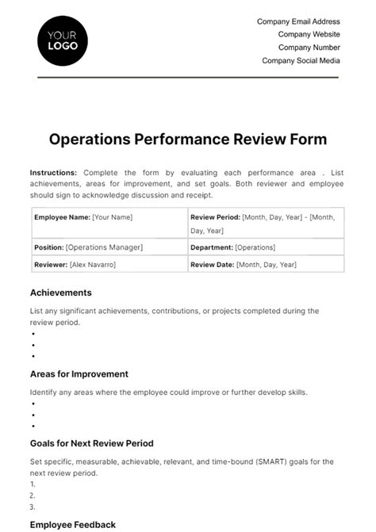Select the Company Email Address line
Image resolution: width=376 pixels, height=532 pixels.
tap(298, 21)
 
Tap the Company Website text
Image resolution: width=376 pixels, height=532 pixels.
tap(309, 35)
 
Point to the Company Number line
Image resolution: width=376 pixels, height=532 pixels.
tap(308, 48)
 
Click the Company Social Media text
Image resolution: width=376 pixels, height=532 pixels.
tap(301, 61)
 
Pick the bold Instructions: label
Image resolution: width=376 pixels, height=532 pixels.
tap(53, 172)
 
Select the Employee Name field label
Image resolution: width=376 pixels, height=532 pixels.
tap(62, 216)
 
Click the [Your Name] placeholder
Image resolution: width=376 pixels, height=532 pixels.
tap(112, 216)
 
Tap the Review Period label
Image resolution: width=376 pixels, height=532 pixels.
tap(215, 216)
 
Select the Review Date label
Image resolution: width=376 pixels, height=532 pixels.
tap(212, 264)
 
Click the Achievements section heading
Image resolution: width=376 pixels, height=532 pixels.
tap(61, 293)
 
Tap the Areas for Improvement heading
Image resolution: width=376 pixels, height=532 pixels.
tap(79, 373)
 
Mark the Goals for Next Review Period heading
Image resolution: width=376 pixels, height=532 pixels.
tap(91, 443)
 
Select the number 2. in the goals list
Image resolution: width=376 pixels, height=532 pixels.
tap(33, 496)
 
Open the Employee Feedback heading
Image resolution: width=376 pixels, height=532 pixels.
tap(72, 524)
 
